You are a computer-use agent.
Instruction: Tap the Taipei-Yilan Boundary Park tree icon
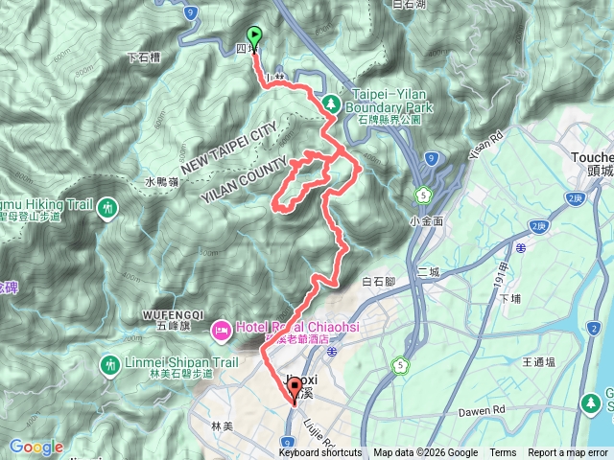click(x=330, y=102)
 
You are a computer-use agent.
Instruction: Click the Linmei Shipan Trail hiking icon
click(x=108, y=364)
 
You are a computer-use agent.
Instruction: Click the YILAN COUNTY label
click(x=246, y=177)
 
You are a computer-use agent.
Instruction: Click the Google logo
click(x=35, y=447)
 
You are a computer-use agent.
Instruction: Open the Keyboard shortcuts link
click(x=320, y=453)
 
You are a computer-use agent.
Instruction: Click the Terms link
click(x=503, y=453)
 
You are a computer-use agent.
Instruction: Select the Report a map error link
click(x=568, y=453)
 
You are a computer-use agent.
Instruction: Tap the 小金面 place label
click(x=424, y=220)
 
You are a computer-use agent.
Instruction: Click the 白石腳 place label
click(x=379, y=282)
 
